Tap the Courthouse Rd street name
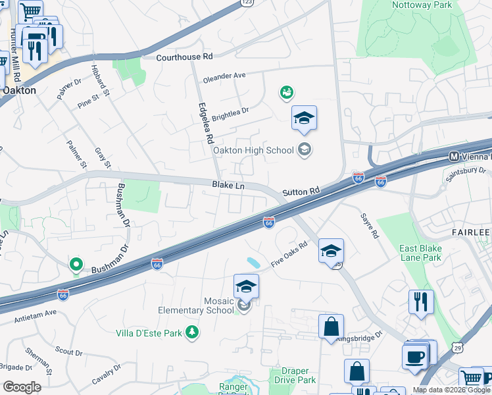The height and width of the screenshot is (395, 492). [185, 57]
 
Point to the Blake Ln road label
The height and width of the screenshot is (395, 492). [228, 186]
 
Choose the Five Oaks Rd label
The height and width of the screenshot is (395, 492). [290, 257]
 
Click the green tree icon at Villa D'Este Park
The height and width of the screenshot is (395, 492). [192, 332]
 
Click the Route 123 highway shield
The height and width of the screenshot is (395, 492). [247, 3]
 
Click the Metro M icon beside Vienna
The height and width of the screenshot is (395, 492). [453, 157]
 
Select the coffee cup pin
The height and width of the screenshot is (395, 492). [415, 356]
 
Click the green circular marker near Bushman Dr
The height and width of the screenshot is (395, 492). [76, 265]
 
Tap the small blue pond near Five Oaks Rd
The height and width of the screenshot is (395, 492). [253, 263]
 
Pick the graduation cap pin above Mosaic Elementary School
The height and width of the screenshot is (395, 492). [246, 287]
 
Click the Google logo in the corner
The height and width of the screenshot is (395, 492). [22, 387]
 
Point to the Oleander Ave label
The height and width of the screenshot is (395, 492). [224, 76]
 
